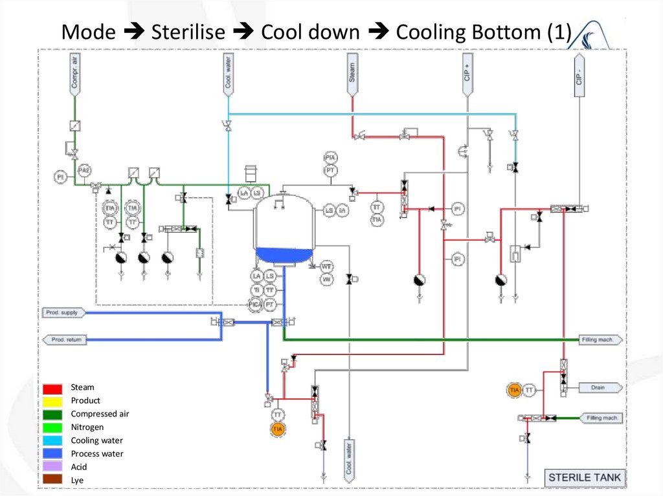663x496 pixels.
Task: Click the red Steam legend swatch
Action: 53,388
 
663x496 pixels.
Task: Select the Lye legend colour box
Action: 53,480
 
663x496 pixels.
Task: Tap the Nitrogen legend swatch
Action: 53,427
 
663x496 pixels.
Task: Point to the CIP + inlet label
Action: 467,74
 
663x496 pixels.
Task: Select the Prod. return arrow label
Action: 65,340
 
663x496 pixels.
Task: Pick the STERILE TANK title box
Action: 584,478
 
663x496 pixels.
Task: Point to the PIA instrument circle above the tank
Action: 330,158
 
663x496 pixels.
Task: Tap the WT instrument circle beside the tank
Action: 327,266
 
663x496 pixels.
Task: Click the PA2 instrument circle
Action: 84,170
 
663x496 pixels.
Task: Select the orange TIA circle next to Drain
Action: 515,390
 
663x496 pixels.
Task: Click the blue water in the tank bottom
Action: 284,255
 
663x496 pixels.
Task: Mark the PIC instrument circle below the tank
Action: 256,303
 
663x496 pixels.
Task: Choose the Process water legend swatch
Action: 53,454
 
